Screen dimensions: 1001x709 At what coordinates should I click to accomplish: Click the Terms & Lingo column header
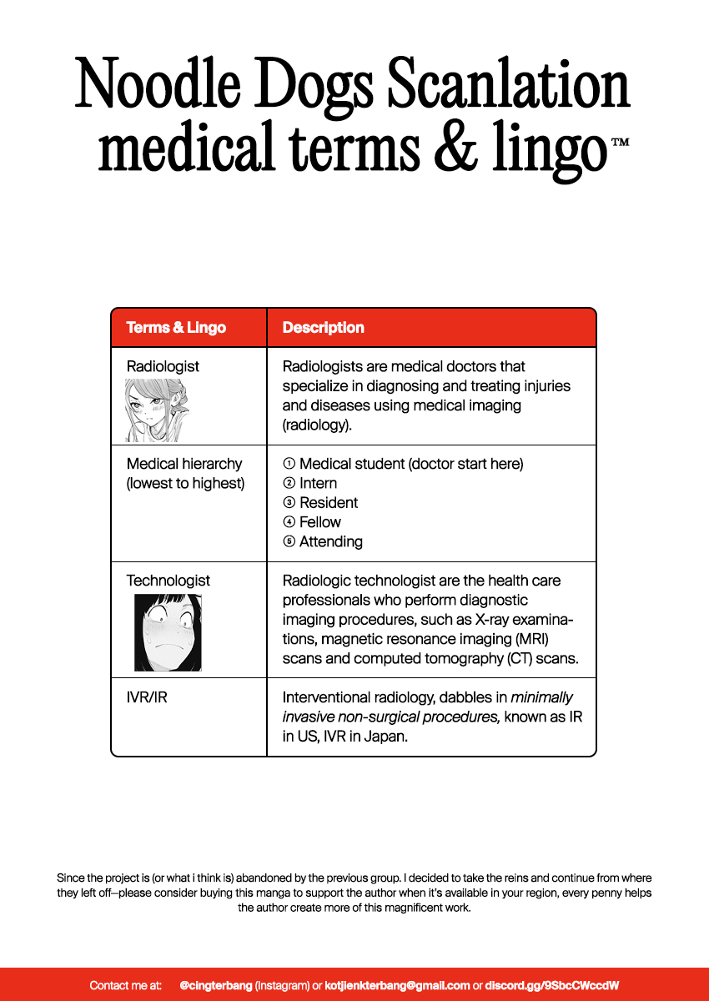pyautogui.click(x=176, y=328)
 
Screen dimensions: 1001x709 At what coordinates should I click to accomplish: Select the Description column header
pyautogui.click(x=323, y=328)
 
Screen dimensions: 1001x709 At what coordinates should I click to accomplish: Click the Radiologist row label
pyautogui.click(x=163, y=366)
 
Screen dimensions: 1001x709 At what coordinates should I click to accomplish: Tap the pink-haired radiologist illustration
pyautogui.click(x=156, y=410)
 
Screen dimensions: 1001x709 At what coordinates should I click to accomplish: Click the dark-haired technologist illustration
pyautogui.click(x=168, y=632)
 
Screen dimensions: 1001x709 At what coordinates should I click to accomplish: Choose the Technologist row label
pyautogui.click(x=168, y=581)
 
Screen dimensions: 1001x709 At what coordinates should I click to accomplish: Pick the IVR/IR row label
pyautogui.click(x=147, y=697)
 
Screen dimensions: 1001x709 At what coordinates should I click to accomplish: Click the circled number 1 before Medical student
pyautogui.click(x=289, y=464)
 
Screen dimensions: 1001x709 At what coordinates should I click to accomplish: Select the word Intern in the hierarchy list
pyautogui.click(x=318, y=484)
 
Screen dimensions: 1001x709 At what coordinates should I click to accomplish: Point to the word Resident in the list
pyautogui.click(x=329, y=503)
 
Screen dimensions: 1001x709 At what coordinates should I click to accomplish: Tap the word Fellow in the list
pyautogui.click(x=320, y=522)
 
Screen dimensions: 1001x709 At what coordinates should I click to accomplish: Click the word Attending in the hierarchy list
pyautogui.click(x=330, y=542)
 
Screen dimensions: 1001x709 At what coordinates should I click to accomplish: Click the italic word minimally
pyautogui.click(x=541, y=697)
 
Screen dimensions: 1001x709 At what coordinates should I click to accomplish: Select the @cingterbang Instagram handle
pyautogui.click(x=215, y=985)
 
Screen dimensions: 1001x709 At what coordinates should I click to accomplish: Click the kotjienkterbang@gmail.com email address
pyautogui.click(x=397, y=985)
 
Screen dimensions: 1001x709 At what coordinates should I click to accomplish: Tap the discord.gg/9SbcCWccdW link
pyautogui.click(x=551, y=985)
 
